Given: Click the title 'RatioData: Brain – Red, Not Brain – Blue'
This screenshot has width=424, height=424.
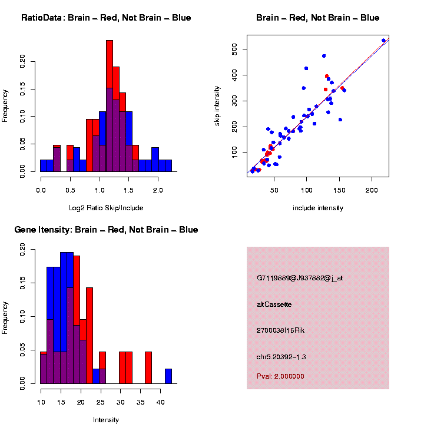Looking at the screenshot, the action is [106, 18].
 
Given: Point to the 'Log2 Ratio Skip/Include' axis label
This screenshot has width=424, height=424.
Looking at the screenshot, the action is [106, 208].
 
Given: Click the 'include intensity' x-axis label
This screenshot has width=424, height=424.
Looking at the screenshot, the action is [318, 208].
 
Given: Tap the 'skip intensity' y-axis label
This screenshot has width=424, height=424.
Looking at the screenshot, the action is [217, 106].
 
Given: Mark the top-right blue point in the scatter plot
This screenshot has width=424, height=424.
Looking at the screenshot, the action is [383, 41].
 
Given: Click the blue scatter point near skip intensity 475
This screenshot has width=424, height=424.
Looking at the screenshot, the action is [324, 56].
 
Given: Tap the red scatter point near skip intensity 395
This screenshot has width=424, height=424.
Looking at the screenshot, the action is [327, 76].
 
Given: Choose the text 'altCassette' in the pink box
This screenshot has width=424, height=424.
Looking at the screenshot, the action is [274, 304].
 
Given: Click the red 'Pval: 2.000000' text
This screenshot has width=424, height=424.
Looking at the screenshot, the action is [280, 376].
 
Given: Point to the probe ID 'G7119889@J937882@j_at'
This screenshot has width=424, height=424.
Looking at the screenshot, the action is [300, 278].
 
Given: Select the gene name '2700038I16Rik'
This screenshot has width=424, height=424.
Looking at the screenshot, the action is [280, 330].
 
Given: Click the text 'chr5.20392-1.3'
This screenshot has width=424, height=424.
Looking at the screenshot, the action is [281, 357].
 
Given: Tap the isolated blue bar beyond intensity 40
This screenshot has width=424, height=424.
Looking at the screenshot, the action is [168, 376].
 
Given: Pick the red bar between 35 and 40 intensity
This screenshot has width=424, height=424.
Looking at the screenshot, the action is [148, 367].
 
